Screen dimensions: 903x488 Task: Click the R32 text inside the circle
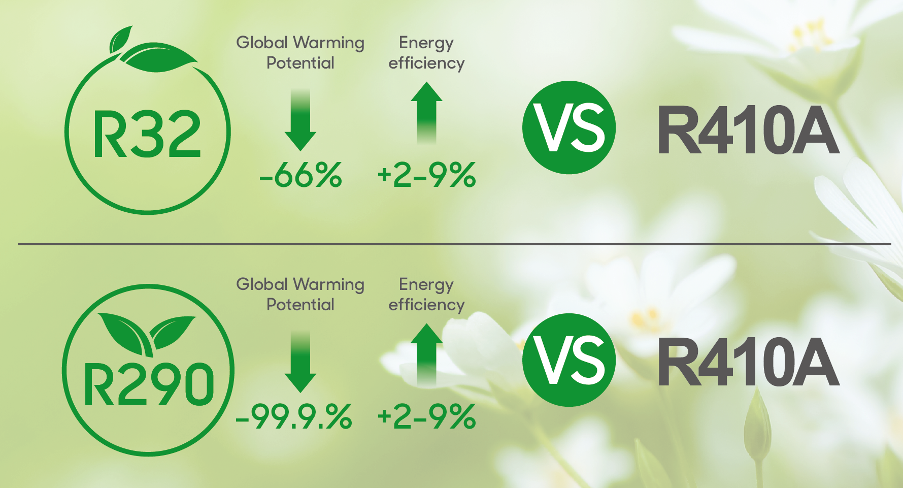pos(147,134)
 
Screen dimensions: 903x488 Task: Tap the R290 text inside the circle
pos(149,384)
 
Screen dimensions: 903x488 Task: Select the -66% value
pos(300,175)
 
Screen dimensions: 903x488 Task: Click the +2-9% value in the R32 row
pos(426,175)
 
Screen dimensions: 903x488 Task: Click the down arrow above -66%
pos(300,120)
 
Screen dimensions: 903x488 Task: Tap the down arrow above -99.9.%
pos(300,362)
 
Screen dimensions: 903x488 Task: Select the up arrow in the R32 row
pos(426,113)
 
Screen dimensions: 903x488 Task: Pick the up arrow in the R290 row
pos(426,354)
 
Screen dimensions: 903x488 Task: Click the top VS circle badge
pos(569,127)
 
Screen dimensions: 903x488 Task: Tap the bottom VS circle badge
pos(569,360)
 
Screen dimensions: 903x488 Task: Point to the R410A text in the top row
pos(748,130)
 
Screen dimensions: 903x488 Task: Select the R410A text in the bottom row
pos(748,363)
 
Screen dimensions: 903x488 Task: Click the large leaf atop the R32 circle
pos(159,57)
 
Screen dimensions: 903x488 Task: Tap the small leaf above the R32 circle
pos(121,40)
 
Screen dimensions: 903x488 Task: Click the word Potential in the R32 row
pos(300,63)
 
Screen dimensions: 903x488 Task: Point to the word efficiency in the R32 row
pos(426,63)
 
